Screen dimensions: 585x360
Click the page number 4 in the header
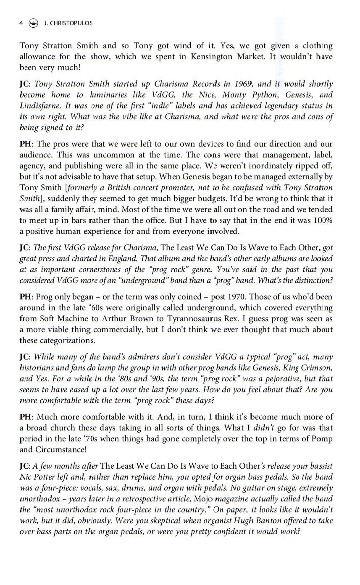tap(21, 23)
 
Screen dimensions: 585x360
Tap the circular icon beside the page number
tap(33, 23)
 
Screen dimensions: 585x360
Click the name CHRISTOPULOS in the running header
tap(71, 23)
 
